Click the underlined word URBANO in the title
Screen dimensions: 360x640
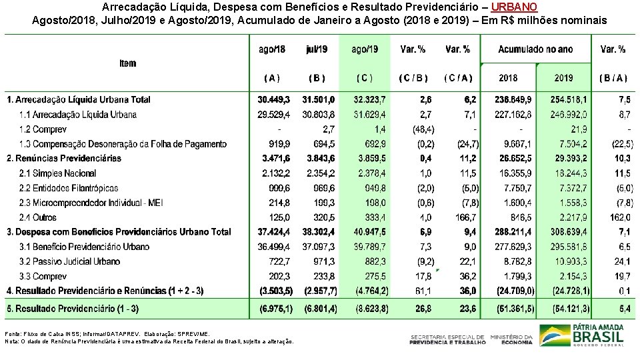(x=513, y=7)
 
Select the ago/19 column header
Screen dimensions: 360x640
(x=364, y=49)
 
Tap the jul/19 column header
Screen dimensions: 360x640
(x=317, y=49)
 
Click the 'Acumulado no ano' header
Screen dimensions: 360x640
(x=535, y=49)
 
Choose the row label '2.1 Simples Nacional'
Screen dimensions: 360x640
(x=58, y=173)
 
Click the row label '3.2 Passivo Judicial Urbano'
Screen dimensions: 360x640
(x=69, y=261)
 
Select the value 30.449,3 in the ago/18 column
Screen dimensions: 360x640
(x=274, y=99)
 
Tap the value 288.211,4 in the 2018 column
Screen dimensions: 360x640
(x=513, y=232)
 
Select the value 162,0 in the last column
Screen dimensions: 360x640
(x=619, y=217)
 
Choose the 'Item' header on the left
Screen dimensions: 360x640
(x=128, y=63)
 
